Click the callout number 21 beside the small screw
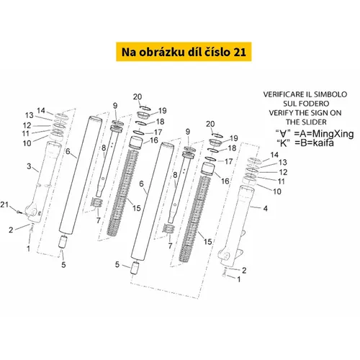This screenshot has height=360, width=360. click(x=4, y=204)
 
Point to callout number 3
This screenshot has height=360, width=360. click(x=29, y=166)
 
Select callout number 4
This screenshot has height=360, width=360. click(x=265, y=208)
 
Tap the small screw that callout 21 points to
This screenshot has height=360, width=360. click(x=19, y=212)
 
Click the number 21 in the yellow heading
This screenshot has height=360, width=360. click(x=240, y=52)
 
